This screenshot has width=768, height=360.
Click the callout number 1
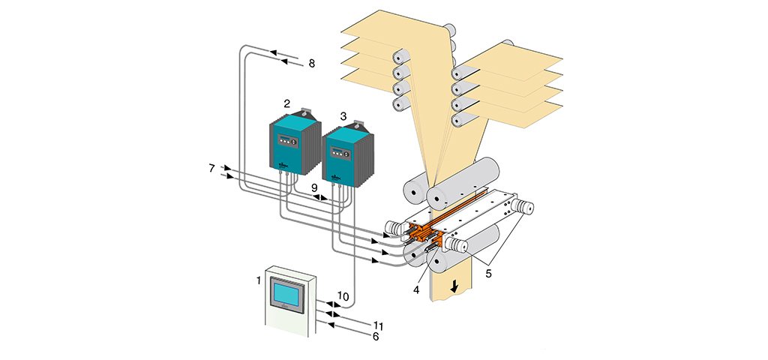pos(258,280)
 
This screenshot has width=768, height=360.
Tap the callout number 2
pos(287,103)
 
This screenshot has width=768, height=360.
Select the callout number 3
pos(343,116)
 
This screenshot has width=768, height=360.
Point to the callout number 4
pos(416,290)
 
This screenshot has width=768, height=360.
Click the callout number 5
pos(488,274)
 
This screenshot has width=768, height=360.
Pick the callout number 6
pos(376,337)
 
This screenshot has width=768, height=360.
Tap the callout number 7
pos(211,169)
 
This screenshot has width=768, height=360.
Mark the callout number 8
pos(311,64)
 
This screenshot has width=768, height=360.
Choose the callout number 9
pos(314,187)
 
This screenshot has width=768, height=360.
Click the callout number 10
pos(343,295)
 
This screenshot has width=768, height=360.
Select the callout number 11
pos(378,325)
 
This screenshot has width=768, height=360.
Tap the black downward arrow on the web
pos(455,286)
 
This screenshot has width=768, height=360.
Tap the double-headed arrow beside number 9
pos(320,197)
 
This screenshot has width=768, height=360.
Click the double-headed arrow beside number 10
pos(325,304)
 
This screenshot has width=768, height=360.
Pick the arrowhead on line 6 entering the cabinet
pos(331,324)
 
